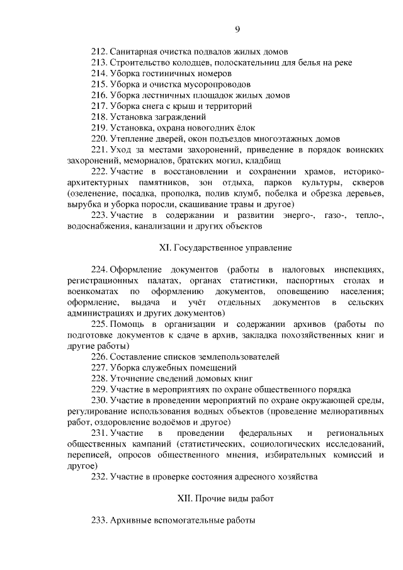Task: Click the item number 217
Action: pos(99,106)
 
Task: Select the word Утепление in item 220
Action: pos(130,138)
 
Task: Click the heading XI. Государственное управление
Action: pos(234,248)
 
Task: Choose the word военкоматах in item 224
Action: pos(93,292)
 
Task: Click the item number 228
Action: pos(99,378)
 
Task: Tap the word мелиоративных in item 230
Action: pos(350,411)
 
